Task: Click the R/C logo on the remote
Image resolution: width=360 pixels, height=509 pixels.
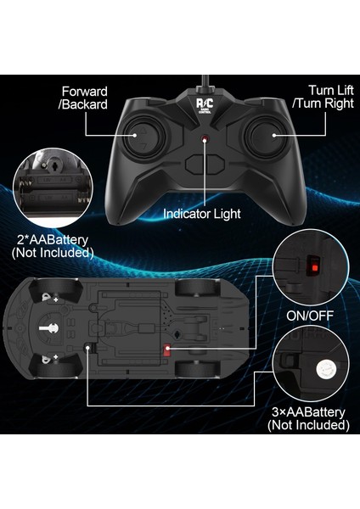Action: pos(205,103)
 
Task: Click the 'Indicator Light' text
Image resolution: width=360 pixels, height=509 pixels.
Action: pos(203,214)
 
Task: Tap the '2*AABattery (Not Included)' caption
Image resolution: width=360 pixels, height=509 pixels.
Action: pos(52,246)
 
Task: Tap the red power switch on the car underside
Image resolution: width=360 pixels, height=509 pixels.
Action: pos(167,350)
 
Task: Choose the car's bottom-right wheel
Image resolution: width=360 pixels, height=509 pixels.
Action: pos(194,372)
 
